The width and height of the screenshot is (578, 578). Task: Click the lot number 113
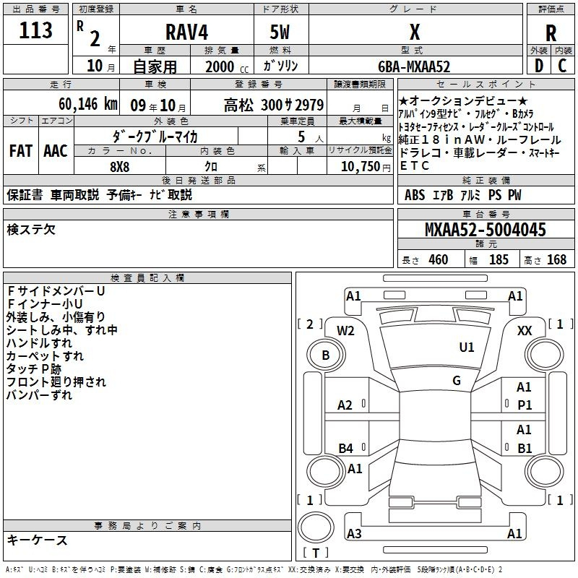(x=35, y=30)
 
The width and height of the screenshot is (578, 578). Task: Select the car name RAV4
(x=187, y=32)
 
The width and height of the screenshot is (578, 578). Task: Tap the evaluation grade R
(x=551, y=33)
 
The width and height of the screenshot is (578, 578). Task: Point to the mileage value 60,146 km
(x=88, y=104)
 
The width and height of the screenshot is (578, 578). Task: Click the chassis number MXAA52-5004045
(x=486, y=229)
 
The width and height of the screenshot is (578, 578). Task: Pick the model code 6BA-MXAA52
(x=414, y=66)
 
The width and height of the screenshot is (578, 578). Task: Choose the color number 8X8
(x=119, y=167)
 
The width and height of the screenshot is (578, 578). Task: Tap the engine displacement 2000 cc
(x=227, y=66)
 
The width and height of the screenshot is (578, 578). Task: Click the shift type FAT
(x=21, y=151)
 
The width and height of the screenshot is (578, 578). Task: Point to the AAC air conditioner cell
(x=56, y=151)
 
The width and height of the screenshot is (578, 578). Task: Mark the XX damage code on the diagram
(x=525, y=331)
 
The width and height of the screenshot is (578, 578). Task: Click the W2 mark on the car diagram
(x=345, y=331)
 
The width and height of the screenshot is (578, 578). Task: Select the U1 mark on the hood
(x=466, y=347)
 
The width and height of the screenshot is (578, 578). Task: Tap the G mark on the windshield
(x=457, y=380)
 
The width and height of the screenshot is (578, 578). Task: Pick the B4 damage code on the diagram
(x=345, y=448)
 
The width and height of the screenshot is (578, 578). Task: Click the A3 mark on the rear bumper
(x=354, y=533)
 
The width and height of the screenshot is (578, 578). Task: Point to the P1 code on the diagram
(x=525, y=405)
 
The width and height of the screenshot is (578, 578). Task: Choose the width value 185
(x=499, y=259)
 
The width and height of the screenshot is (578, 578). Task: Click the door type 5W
(x=280, y=32)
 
